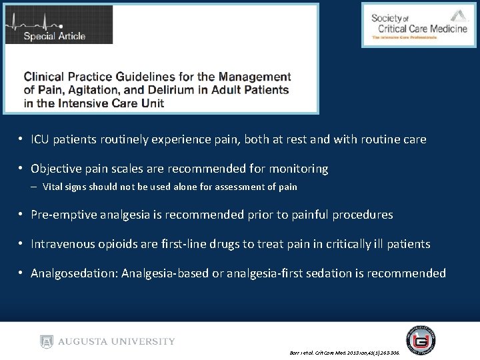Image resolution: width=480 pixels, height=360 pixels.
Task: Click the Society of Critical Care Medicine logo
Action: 419,25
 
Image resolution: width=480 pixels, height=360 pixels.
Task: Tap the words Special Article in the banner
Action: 55,36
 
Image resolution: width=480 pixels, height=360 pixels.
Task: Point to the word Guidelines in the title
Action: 155,77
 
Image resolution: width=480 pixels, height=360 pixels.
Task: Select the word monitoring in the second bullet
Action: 297,169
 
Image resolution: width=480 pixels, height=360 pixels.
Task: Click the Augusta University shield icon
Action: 47,341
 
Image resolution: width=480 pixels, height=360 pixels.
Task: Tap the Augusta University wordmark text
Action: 117,341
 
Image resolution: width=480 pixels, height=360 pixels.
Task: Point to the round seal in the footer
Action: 421,339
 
